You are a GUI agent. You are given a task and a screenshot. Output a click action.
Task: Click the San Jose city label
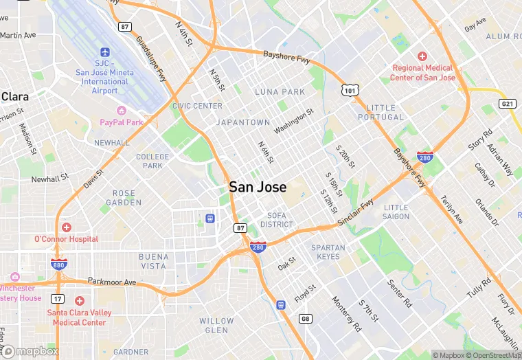click(258, 187)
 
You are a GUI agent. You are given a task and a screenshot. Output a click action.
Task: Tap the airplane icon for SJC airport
click(105, 52)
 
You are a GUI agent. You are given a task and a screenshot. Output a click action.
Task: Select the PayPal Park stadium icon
click(122, 111)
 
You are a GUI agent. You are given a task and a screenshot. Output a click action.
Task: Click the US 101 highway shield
click(350, 89)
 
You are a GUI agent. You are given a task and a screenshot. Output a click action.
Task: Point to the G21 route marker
click(508, 104)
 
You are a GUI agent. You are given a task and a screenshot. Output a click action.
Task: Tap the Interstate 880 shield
click(58, 264)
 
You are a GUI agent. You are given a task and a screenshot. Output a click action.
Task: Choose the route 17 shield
click(57, 299)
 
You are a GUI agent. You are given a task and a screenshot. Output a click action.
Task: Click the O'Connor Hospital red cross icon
click(66, 227)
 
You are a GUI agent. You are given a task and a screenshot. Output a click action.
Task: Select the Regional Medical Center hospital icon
click(422, 56)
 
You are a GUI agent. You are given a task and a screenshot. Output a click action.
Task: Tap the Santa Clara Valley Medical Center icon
click(80, 301)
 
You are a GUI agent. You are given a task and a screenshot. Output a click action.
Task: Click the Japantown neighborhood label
click(243, 122)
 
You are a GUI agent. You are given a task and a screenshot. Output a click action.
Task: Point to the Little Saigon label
click(396, 212)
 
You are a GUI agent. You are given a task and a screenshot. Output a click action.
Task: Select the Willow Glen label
click(216, 326)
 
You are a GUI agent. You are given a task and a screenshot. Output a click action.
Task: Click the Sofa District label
click(277, 220)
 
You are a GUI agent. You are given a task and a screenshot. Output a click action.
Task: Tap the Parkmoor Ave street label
click(112, 282)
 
